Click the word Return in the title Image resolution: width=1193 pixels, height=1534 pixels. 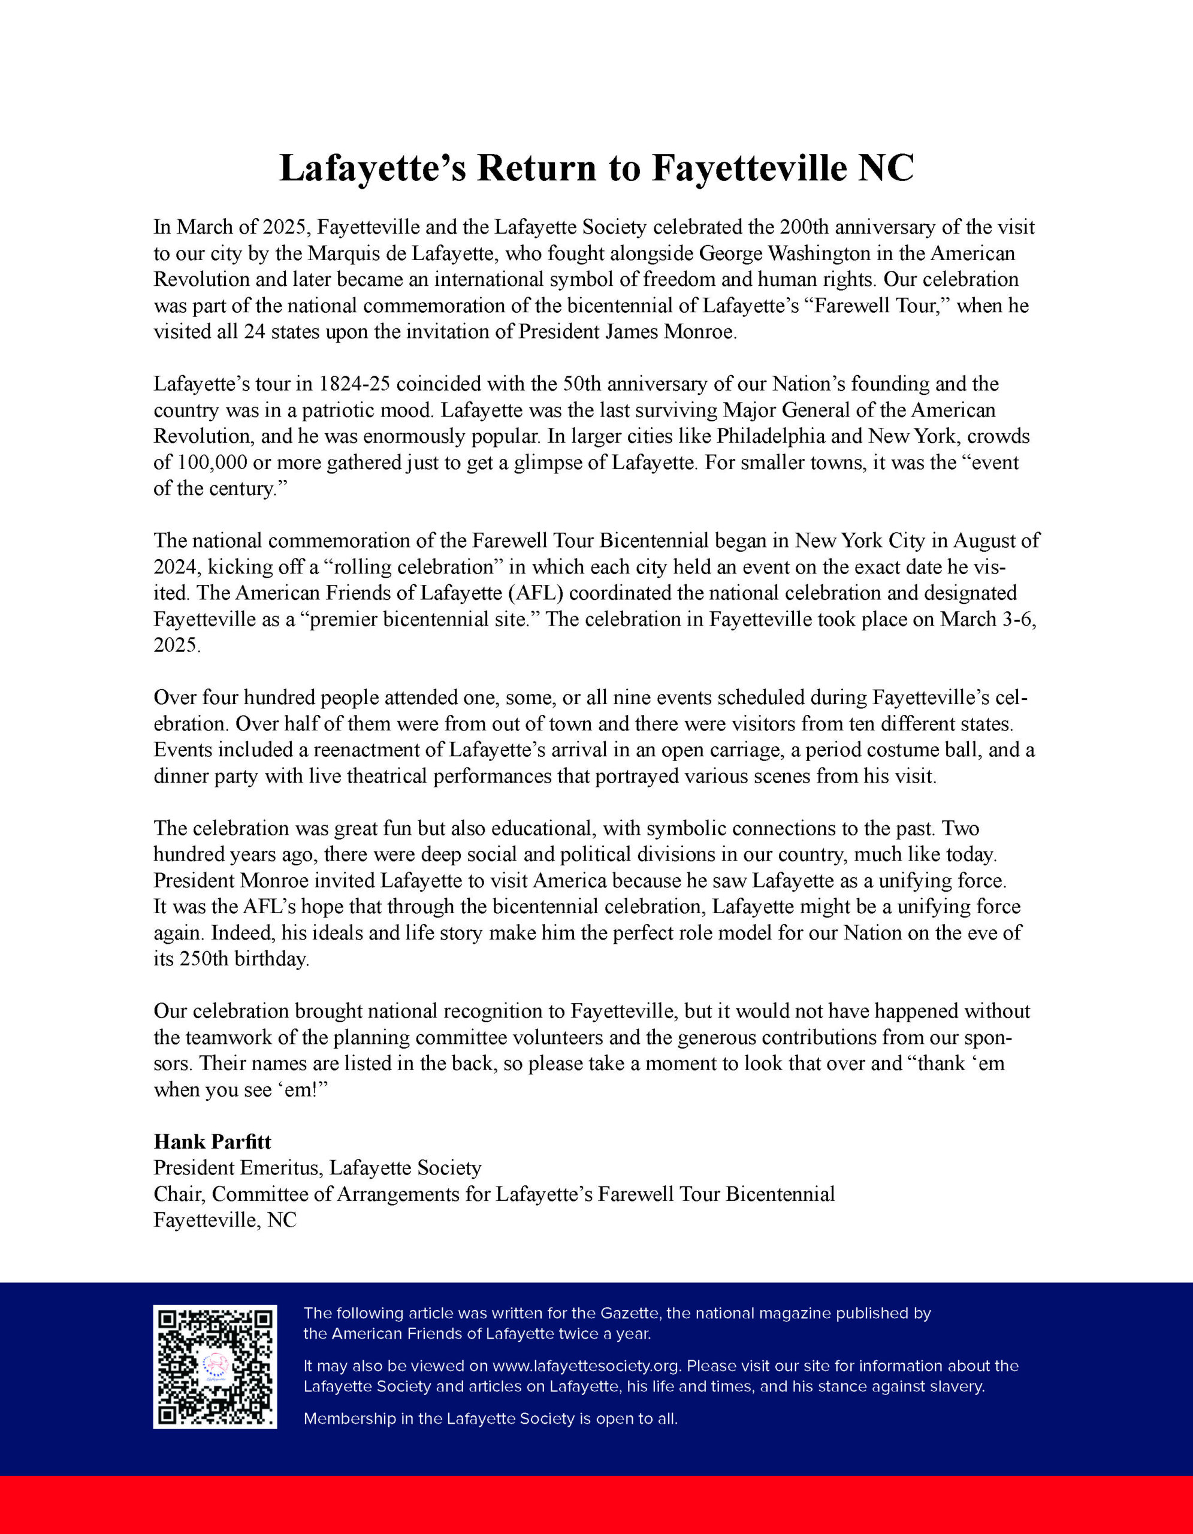click(536, 168)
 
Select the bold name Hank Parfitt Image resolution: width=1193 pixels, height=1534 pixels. click(212, 1142)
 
